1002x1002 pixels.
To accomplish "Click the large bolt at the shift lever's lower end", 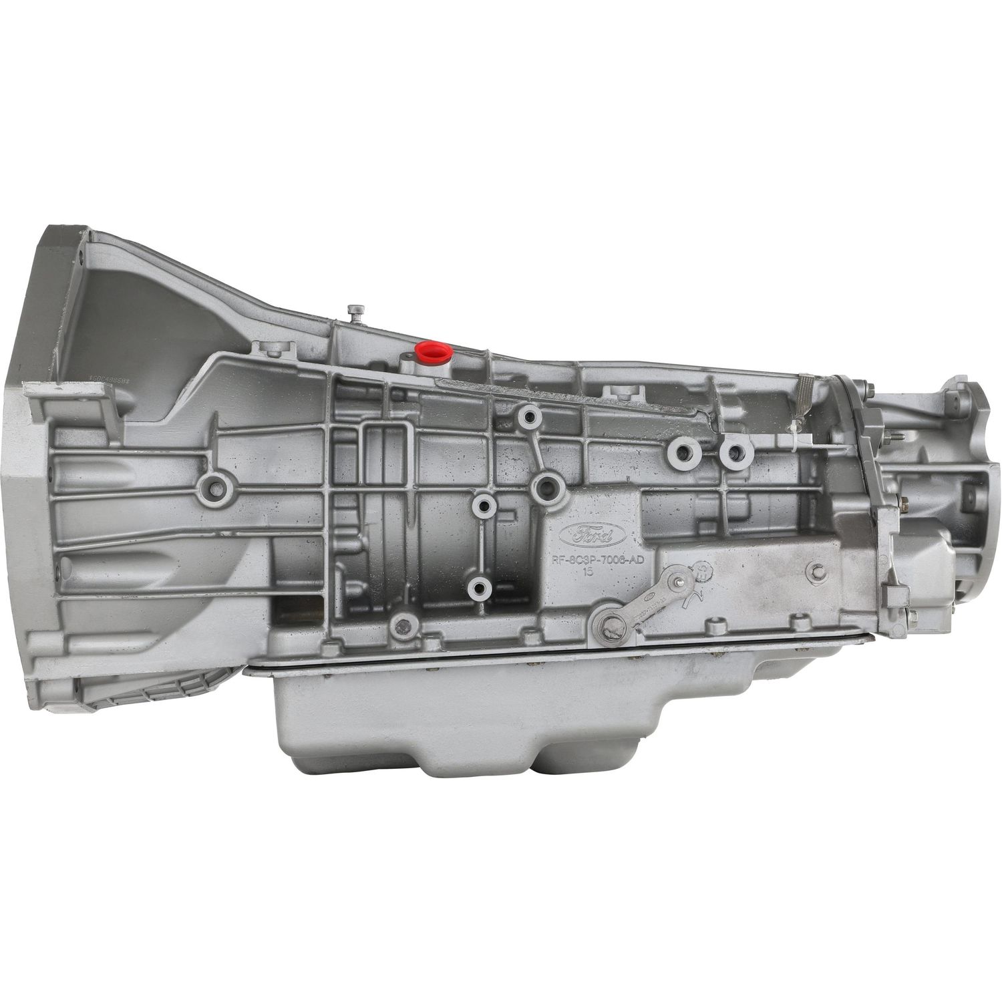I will pos(609,628).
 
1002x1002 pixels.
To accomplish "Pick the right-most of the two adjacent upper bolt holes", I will pos(734,454).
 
